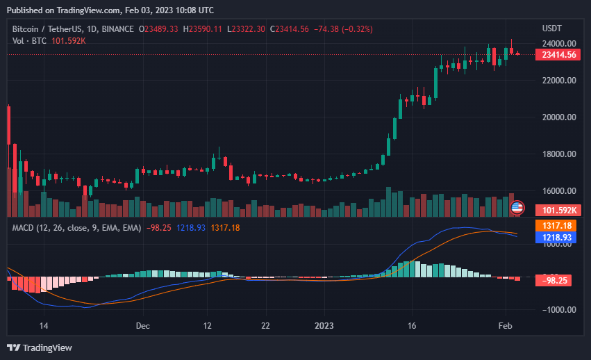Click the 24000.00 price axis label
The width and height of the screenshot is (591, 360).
point(559,43)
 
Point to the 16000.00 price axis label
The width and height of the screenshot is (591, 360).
point(559,191)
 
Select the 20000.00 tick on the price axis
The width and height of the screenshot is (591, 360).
point(559,117)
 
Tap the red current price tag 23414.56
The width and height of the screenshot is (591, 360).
point(559,55)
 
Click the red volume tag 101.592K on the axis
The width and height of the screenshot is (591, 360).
point(559,210)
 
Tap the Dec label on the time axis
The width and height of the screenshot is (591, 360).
point(143,325)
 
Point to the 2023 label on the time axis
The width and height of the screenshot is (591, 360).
point(324,325)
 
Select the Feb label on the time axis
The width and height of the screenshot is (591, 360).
point(506,325)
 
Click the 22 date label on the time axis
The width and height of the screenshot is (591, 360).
point(265,325)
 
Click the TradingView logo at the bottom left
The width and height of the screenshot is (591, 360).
point(40,347)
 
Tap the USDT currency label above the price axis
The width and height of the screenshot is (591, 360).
point(552,28)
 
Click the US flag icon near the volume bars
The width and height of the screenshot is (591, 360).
point(517,207)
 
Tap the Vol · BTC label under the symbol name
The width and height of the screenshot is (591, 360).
point(29,41)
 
